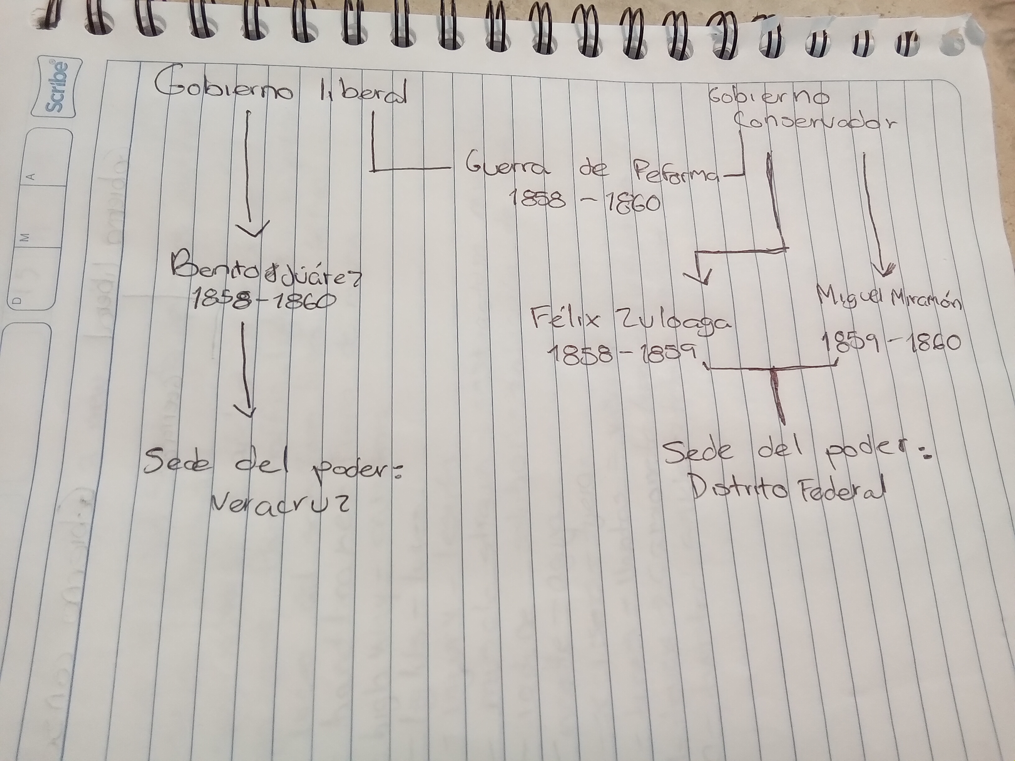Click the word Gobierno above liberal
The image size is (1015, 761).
[224, 87]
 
